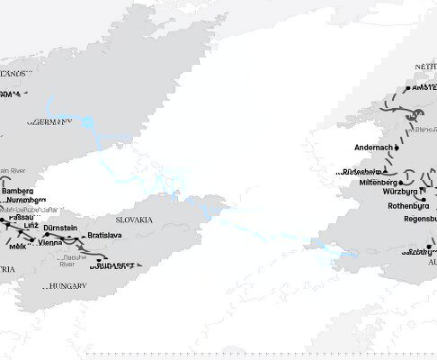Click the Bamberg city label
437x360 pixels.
(x=19, y=192)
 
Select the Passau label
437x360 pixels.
(x=15, y=218)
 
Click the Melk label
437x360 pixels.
(x=16, y=245)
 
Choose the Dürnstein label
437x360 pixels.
(x=60, y=229)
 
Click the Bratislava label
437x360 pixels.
(x=105, y=235)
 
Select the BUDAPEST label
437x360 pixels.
(x=113, y=265)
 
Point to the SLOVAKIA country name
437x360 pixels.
(x=135, y=220)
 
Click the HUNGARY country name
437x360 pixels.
(x=68, y=285)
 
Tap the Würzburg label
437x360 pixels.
(x=400, y=192)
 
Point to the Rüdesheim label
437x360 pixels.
(x=363, y=171)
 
